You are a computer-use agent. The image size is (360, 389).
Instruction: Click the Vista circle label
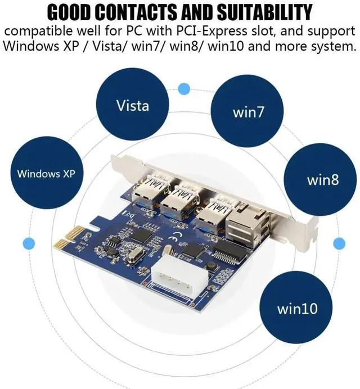click(x=133, y=105)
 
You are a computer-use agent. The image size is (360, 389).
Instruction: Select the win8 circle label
click(x=323, y=180)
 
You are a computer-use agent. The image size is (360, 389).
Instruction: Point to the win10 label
click(x=298, y=309)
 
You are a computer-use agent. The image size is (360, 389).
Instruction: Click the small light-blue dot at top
click(x=183, y=88)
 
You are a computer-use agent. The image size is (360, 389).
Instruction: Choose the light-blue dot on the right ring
click(x=339, y=243)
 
